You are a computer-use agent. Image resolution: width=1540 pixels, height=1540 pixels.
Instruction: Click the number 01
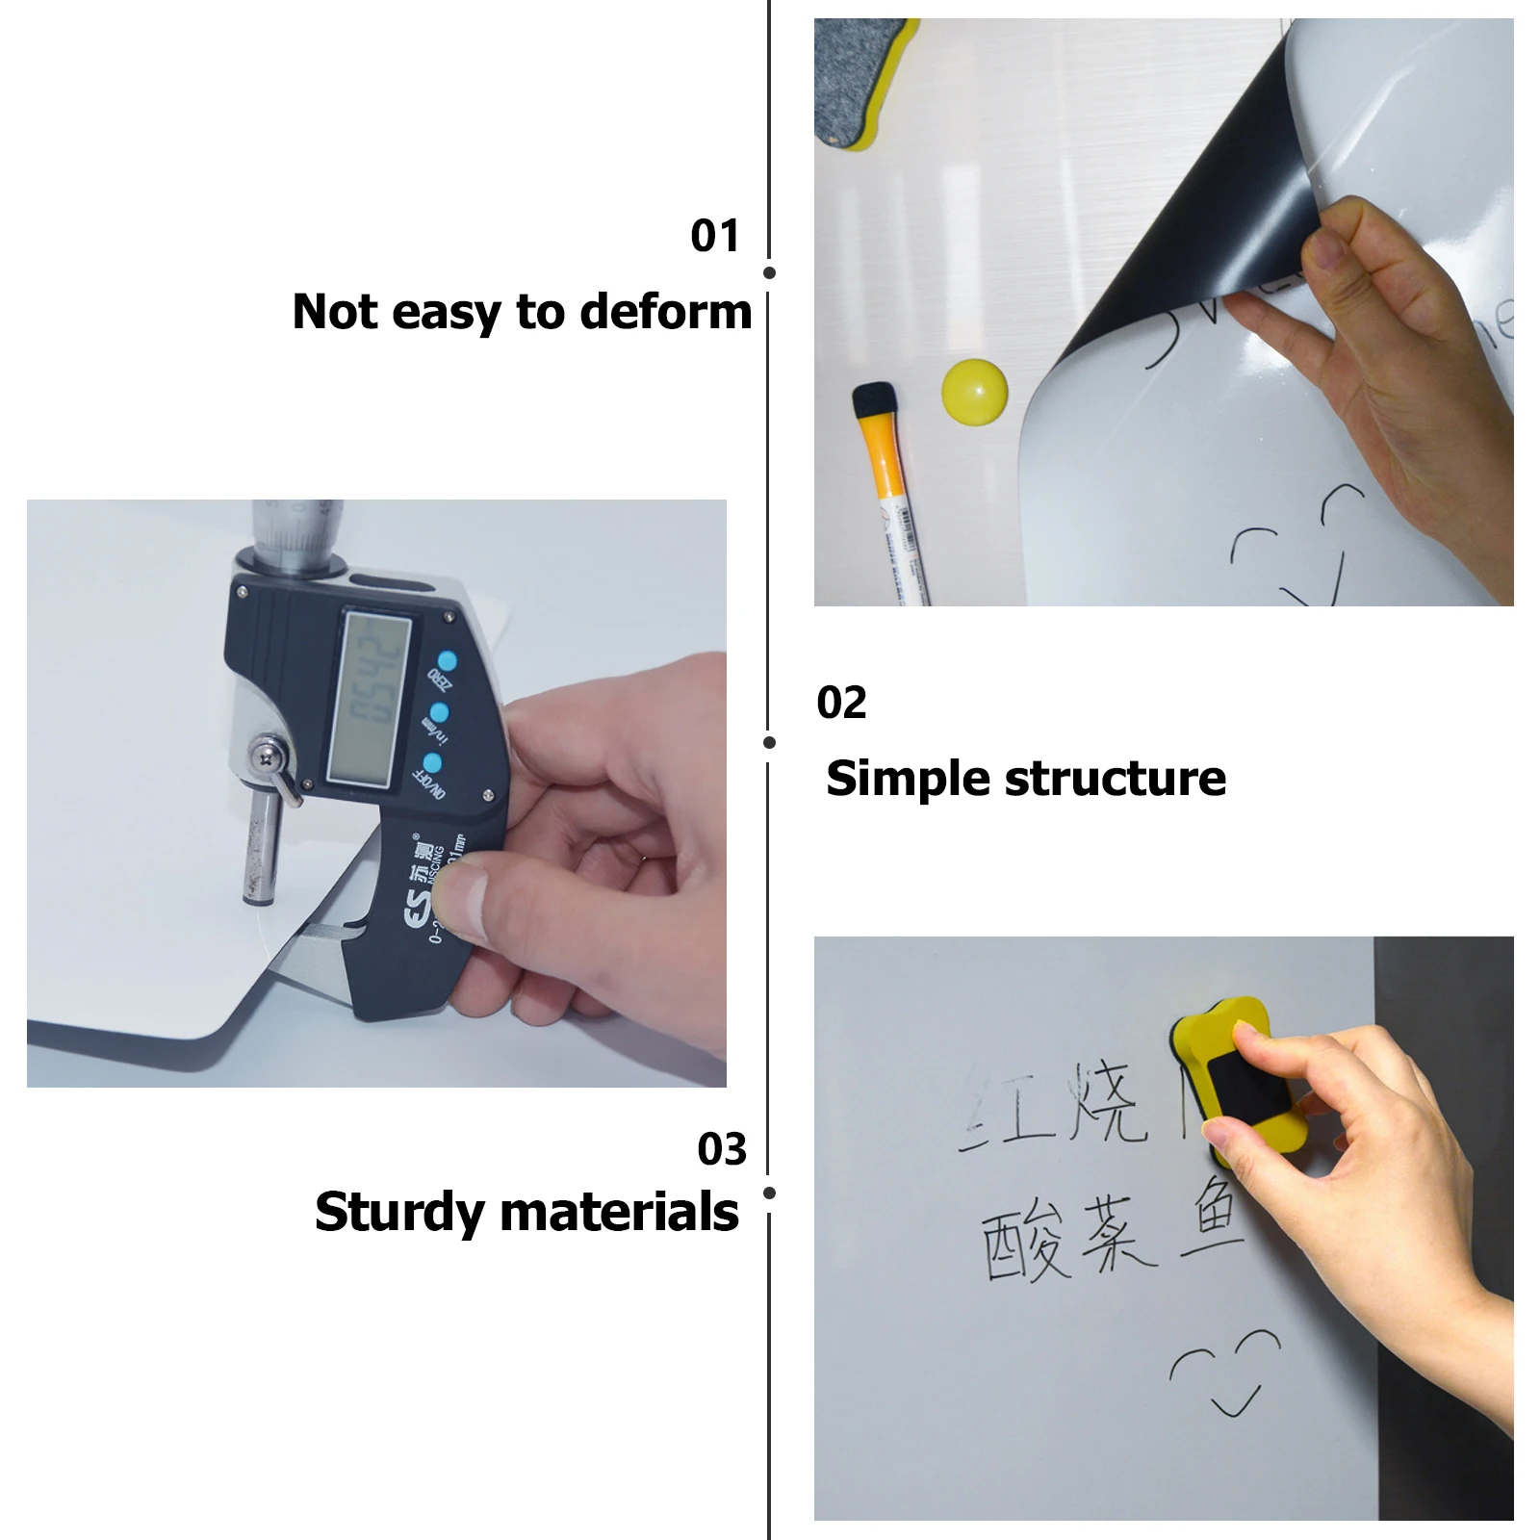tap(714, 236)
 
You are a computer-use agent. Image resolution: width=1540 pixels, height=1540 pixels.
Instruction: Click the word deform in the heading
tap(665, 312)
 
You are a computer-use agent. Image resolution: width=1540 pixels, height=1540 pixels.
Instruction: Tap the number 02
tap(841, 703)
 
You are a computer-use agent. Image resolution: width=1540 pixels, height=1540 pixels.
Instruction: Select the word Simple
tap(906, 779)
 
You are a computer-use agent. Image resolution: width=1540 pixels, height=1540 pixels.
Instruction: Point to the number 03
tap(722, 1149)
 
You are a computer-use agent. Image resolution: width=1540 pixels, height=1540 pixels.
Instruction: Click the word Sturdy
tap(398, 1213)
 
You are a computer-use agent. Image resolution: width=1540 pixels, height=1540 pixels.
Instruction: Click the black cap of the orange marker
tap(874, 402)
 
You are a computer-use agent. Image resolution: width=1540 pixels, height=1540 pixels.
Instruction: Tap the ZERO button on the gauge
tap(445, 662)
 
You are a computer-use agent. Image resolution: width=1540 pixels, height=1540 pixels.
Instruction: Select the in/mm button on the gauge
tap(439, 713)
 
